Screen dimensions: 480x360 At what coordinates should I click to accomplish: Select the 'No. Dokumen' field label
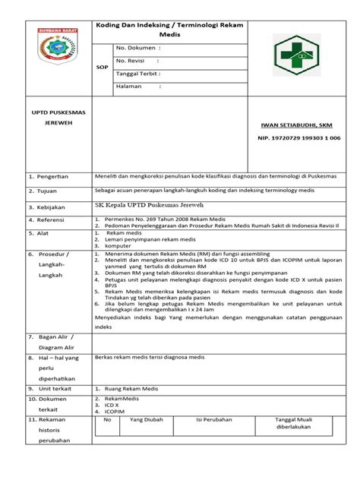135,46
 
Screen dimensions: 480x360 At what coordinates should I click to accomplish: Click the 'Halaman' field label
131,87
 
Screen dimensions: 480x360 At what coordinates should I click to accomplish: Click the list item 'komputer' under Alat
120,245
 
